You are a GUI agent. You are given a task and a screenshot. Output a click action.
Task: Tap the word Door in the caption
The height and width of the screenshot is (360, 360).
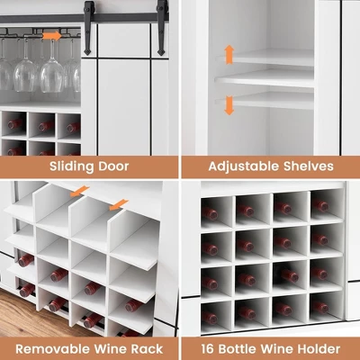[113, 166]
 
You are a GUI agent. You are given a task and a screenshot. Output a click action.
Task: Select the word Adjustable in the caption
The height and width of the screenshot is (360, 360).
[243, 166]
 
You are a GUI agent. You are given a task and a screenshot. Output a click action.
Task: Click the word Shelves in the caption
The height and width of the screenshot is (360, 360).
[309, 166]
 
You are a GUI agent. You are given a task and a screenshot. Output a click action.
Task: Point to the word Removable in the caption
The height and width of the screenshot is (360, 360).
[53, 349]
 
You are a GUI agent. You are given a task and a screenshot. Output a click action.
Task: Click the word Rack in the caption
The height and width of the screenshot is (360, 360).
[147, 349]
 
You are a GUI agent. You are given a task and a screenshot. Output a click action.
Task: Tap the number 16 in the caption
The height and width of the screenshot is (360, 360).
[208, 349]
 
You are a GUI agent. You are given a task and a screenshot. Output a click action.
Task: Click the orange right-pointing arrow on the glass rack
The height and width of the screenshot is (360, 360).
[51, 36]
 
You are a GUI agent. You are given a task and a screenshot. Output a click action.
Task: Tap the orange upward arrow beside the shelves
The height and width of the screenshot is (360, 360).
[229, 54]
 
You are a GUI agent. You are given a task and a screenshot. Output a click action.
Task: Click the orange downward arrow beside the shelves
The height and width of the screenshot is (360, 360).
[229, 105]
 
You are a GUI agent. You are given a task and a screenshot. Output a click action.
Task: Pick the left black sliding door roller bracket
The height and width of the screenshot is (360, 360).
[88, 28]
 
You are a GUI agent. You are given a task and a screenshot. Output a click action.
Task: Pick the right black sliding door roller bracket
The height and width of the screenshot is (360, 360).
[162, 28]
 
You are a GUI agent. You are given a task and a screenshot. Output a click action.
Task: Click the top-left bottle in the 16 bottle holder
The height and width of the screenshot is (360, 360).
[210, 213]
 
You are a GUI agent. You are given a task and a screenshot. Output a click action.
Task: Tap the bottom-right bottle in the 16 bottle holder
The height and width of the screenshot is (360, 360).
[320, 307]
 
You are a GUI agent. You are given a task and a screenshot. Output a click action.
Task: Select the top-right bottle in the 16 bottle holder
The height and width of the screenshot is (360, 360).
[320, 205]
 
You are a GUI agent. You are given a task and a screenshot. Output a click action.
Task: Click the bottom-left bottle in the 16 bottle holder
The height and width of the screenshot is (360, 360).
[210, 318]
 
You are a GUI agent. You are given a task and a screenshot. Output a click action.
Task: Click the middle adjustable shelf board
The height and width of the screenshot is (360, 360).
[265, 79]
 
